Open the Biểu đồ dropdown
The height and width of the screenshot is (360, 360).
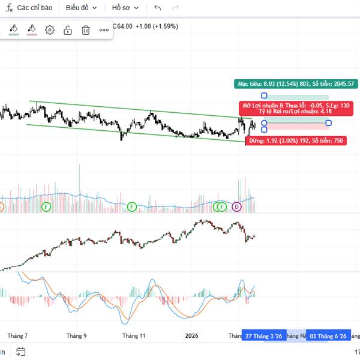tap(81, 8)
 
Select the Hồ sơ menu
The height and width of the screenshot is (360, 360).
tap(125, 8)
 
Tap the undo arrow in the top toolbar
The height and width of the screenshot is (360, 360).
tap(158, 8)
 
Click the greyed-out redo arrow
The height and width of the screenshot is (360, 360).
tap(175, 8)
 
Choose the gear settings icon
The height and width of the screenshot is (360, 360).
tap(50, 30)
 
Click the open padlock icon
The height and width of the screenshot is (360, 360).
tap(68, 30)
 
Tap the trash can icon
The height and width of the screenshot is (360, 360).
tap(86, 30)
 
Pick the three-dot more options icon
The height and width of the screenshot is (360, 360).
tap(104, 30)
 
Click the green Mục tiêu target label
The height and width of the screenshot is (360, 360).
tap(296, 83)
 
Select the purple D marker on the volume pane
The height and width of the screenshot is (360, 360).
tap(236, 207)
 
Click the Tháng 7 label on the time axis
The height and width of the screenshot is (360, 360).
tap(18, 336)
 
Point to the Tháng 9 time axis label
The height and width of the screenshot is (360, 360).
tap(77, 336)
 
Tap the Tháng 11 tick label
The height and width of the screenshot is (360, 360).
tap(134, 336)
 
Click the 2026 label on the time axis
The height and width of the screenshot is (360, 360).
tap(191, 336)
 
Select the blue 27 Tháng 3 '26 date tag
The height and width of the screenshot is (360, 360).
tap(264, 337)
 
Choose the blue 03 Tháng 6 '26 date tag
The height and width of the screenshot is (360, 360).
tap(328, 337)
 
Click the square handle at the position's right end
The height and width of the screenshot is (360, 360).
tap(328, 123)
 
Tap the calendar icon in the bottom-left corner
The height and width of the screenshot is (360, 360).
tap(21, 352)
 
